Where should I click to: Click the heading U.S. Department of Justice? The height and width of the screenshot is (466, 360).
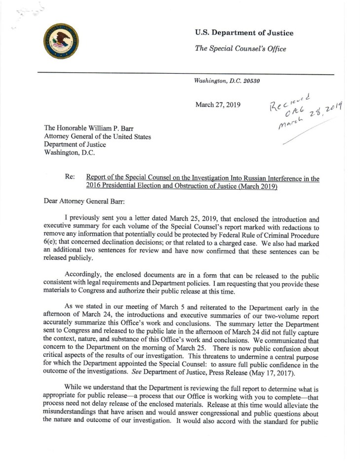(244, 33)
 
